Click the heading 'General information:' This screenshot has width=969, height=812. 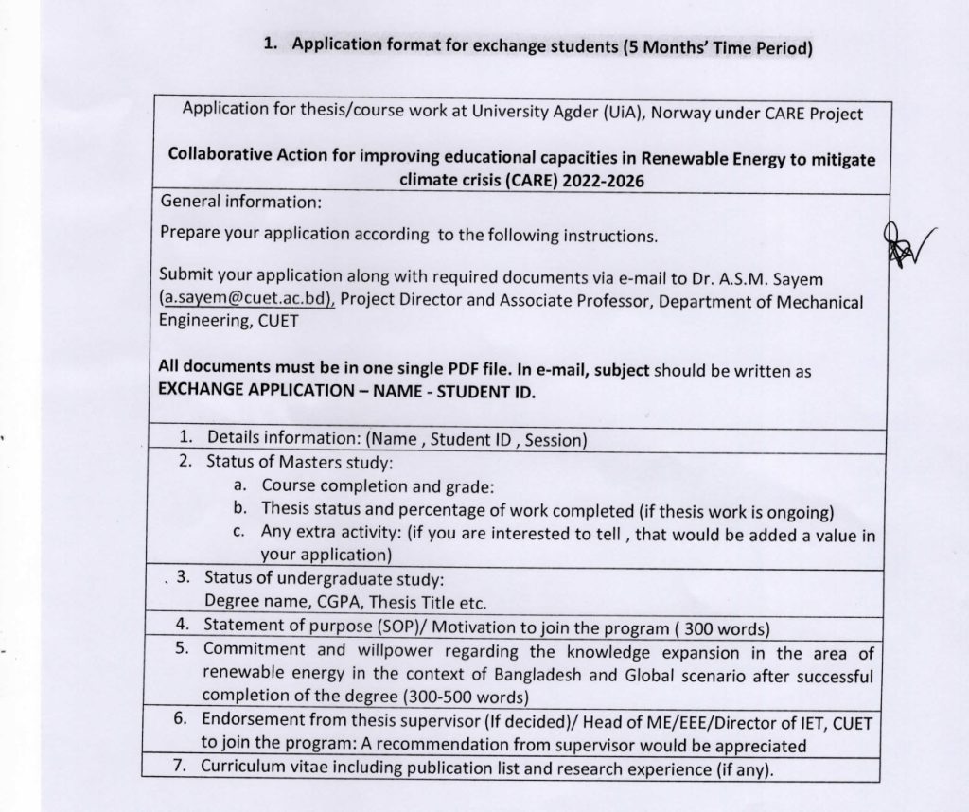[241, 202]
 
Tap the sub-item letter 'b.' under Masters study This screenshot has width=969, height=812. [240, 509]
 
